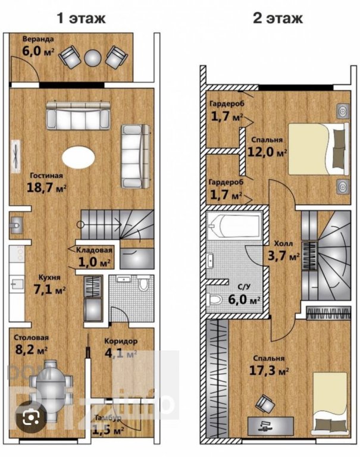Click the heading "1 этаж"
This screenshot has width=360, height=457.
click(81, 18)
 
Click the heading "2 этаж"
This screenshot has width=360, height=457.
click(278, 18)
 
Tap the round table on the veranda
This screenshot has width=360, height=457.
click(93, 58)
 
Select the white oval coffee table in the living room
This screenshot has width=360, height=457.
click(79, 156)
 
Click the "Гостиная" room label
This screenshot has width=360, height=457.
click(46, 176)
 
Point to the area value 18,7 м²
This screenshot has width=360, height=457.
click(46, 187)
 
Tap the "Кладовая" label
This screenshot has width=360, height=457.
click(94, 250)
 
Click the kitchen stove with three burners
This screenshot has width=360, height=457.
click(16, 253)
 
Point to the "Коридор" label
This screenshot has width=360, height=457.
click(121, 341)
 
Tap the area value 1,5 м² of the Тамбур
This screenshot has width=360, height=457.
click(108, 429)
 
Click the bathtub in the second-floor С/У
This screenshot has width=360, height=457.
click(234, 226)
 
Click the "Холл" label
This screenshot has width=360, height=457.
click(283, 243)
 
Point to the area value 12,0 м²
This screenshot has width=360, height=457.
click(267, 152)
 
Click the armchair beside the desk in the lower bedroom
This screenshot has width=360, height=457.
click(265, 404)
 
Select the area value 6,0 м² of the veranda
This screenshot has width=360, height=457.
click(38, 51)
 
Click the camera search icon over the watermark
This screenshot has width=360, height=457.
click(31, 418)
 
